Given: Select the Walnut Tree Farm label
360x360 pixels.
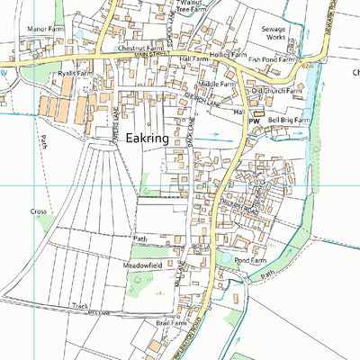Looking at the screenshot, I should [x=192, y=8].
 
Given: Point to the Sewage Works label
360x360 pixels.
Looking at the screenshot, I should [x=274, y=34].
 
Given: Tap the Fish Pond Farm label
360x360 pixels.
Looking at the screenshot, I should [x=273, y=59].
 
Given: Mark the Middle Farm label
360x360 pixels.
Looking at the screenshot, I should [x=216, y=84].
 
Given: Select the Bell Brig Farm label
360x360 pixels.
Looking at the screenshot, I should [x=289, y=120].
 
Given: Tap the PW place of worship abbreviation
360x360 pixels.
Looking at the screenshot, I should [x=254, y=120].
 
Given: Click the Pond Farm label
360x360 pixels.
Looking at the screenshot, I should [x=251, y=260].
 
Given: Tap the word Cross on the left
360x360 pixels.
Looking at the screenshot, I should [x=39, y=211].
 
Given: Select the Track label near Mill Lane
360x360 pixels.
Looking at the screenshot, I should [x=81, y=306].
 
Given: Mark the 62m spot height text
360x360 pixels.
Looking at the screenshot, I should [x=308, y=66].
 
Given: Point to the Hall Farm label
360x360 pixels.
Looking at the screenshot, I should [x=193, y=58].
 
